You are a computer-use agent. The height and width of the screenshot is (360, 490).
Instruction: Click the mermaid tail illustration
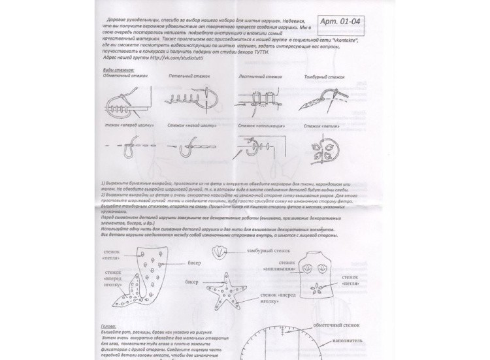click(x=143, y=282)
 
